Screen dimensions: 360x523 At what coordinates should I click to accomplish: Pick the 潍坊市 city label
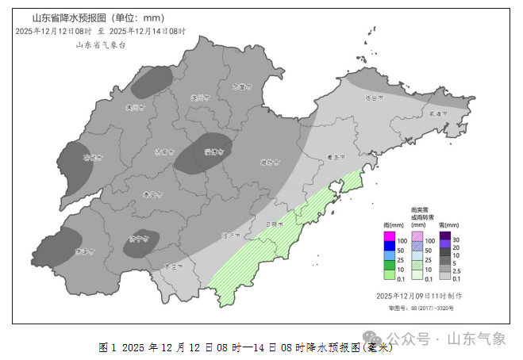coord(270,163)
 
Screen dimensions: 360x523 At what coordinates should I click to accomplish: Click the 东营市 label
coord(241,87)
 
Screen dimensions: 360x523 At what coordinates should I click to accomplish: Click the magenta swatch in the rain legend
coord(389,239)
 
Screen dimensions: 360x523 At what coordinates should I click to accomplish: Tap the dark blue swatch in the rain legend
coord(389,249)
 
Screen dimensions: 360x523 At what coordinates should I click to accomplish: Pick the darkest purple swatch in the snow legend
coord(445,238)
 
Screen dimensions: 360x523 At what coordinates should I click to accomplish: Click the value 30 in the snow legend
coord(457,239)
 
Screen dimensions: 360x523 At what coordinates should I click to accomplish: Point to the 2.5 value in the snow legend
coord(457,270)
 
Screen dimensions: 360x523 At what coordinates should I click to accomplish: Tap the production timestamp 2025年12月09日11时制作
coord(419,295)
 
